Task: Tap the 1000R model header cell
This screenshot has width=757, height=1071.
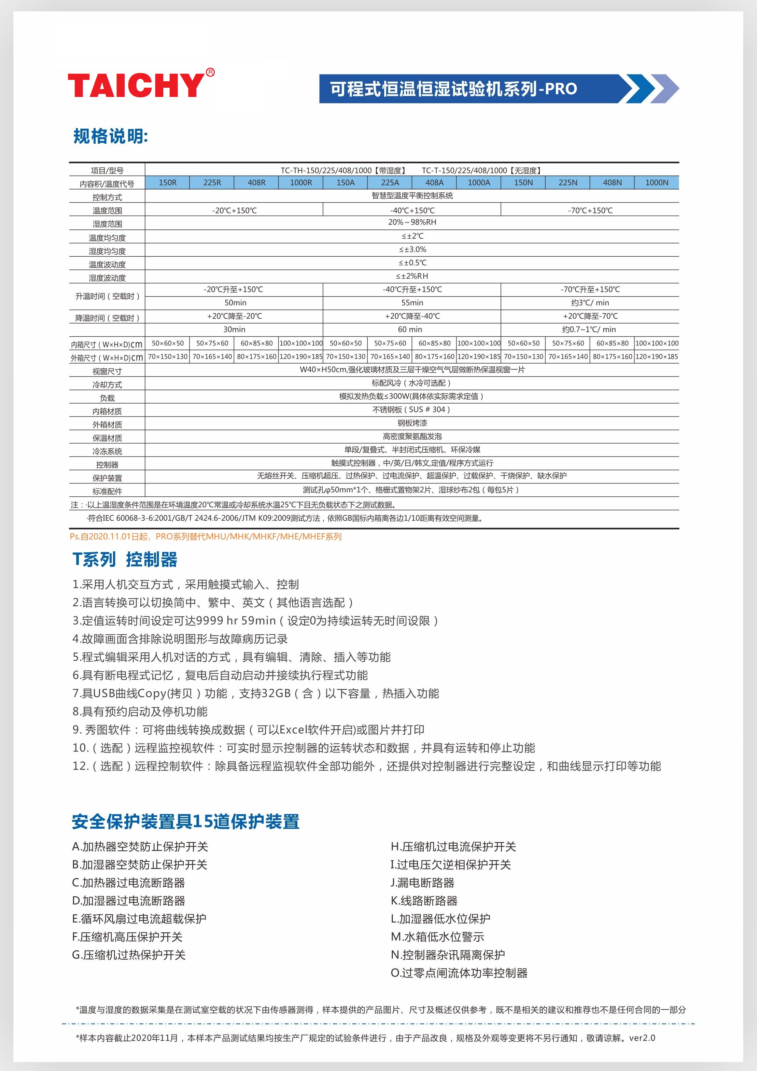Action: pos(301,182)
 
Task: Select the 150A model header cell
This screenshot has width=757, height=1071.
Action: pos(345,182)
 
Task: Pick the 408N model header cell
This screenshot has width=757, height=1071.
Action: pos(612,182)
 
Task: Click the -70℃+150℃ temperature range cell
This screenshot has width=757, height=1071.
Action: pos(590,210)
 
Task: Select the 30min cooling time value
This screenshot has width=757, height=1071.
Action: pos(234,329)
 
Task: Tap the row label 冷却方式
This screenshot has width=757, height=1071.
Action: pos(107,385)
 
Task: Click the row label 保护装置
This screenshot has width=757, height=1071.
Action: pos(107,478)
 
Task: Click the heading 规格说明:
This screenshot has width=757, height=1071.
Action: pos(111,136)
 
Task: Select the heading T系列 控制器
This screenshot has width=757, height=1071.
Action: pos(125,559)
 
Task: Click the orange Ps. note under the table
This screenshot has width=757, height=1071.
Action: pos(205,536)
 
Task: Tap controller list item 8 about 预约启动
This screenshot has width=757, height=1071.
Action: pos(140,711)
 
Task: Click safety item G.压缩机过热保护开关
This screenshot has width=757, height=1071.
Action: pos(129,955)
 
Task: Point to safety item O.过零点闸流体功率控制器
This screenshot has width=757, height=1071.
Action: pos(459,973)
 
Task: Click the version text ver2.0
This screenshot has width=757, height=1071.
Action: pos(642,1038)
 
